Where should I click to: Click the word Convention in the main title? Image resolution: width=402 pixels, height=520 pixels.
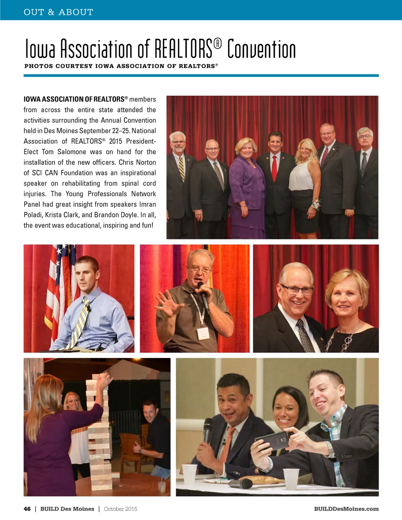pyautogui.click(x=261, y=49)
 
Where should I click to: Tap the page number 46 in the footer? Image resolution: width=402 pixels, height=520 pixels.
pyautogui.click(x=27, y=509)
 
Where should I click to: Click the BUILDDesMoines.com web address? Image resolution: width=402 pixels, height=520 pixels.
pyautogui.click(x=346, y=509)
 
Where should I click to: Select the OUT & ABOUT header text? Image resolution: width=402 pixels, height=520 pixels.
pyautogui.click(x=58, y=12)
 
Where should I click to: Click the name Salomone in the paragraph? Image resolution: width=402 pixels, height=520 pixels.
pyautogui.click(x=72, y=152)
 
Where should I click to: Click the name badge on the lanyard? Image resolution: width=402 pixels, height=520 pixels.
pyautogui.click(x=203, y=334)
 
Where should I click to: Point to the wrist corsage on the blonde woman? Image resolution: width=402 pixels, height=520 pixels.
pyautogui.click(x=315, y=204)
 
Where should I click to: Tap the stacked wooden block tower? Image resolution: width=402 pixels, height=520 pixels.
pyautogui.click(x=98, y=436)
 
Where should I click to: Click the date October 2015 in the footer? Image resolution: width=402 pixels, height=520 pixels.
pyautogui.click(x=121, y=509)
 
